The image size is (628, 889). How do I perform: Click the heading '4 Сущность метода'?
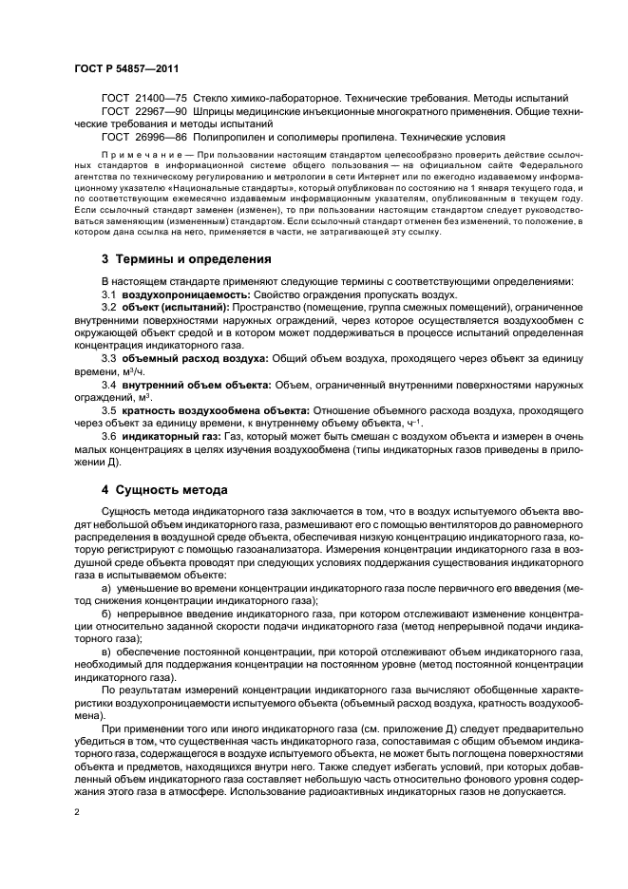click(164, 490)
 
